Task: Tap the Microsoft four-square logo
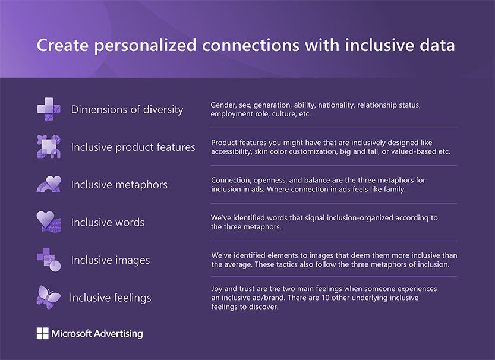click(x=42, y=333)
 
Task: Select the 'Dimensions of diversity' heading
click(x=127, y=109)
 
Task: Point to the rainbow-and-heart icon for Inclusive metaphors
click(x=49, y=184)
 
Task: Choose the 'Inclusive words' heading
click(x=108, y=222)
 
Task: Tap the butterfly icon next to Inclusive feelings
click(x=49, y=296)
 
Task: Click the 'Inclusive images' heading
click(x=110, y=260)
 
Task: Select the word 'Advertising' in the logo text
click(x=116, y=333)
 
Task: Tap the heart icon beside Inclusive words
click(x=49, y=222)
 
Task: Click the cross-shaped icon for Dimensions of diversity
click(x=49, y=109)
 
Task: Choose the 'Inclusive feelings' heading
click(x=110, y=298)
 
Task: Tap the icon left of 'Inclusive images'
click(x=49, y=260)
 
